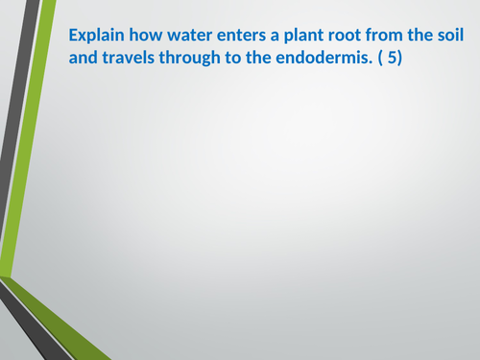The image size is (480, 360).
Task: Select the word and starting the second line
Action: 83,58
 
